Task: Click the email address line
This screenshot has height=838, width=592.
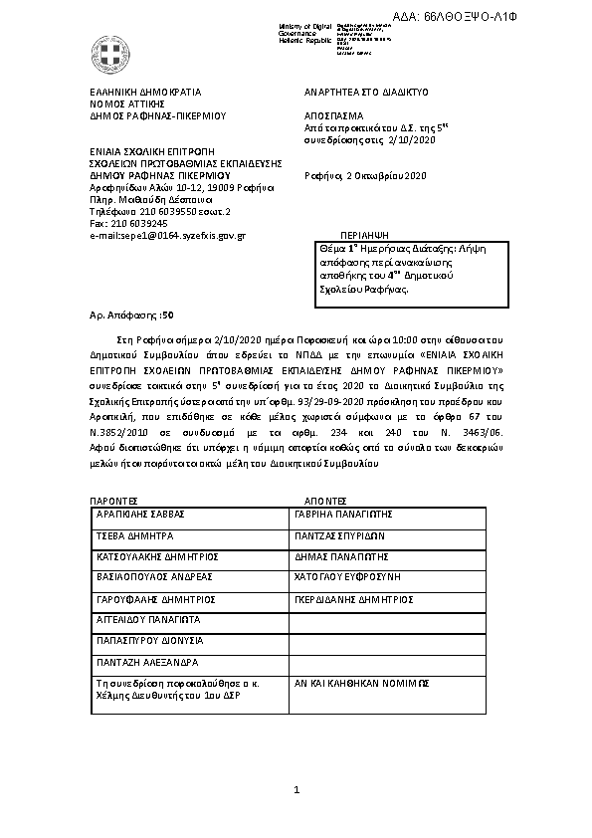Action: pyautogui.click(x=167, y=235)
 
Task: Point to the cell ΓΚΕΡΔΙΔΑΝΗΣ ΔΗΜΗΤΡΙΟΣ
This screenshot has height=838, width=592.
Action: pyautogui.click(x=353, y=600)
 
